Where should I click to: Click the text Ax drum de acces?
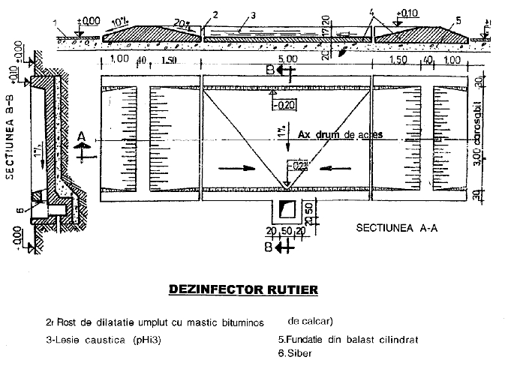coord(340,135)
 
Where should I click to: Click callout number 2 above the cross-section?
coord(215,13)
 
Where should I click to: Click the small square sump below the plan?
coord(287,209)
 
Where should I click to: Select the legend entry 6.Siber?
coord(295,352)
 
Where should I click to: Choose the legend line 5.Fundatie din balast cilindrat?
coord(347,339)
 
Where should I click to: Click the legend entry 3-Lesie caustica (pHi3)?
coord(105,339)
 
